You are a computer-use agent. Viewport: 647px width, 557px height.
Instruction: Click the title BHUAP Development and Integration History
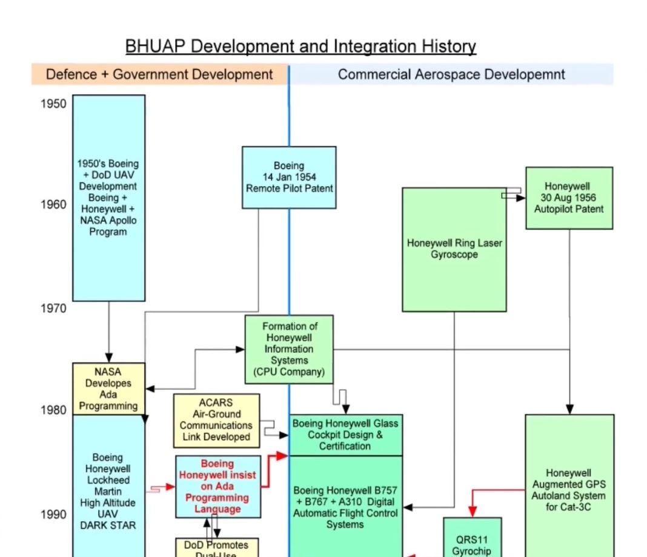pyautogui.click(x=300, y=47)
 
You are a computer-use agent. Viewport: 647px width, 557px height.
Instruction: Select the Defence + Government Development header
pyautogui.click(x=159, y=75)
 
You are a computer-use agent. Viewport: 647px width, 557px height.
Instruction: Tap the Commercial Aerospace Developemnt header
pyautogui.click(x=451, y=75)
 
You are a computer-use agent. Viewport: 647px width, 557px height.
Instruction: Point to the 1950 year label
pyautogui.click(x=53, y=104)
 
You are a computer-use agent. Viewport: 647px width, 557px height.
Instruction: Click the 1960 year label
pyautogui.click(x=53, y=204)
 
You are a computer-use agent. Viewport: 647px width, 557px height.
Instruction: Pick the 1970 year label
pyautogui.click(x=53, y=309)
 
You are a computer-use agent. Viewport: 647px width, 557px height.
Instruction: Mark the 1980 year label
pyautogui.click(x=53, y=410)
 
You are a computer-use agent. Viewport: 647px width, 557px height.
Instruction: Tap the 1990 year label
pyautogui.click(x=53, y=515)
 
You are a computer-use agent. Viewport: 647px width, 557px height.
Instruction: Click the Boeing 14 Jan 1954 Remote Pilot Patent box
pyautogui.click(x=289, y=177)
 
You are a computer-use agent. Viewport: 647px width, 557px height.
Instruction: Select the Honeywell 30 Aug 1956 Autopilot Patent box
pyautogui.click(x=569, y=198)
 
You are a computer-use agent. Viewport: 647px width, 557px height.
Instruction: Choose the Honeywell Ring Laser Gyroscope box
pyautogui.click(x=454, y=249)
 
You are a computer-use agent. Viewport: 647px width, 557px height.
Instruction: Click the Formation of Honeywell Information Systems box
pyautogui.click(x=289, y=349)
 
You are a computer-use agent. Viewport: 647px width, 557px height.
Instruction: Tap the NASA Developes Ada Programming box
pyautogui.click(x=108, y=389)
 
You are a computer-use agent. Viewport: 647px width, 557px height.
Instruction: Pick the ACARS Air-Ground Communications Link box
pyautogui.click(x=216, y=420)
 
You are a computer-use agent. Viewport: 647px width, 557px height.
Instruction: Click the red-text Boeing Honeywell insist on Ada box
pyautogui.click(x=217, y=487)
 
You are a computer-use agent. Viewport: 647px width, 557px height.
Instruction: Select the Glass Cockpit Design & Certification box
pyautogui.click(x=345, y=435)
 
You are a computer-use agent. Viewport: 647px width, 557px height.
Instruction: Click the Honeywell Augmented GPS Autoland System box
pyautogui.click(x=569, y=490)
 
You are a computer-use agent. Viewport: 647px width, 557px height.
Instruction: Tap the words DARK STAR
pyautogui.click(x=108, y=525)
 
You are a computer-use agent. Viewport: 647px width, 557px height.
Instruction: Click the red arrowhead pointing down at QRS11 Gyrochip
pyautogui.click(x=473, y=512)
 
